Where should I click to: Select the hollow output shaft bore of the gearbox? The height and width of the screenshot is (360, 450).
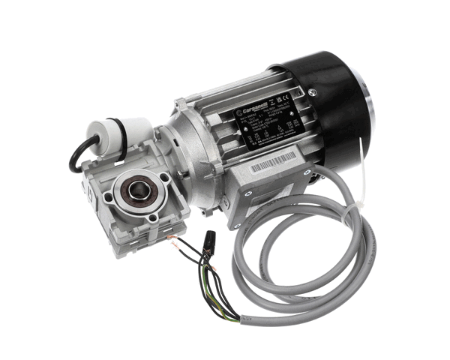(x=137, y=191)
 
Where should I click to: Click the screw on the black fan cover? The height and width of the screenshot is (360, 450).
(x=312, y=92)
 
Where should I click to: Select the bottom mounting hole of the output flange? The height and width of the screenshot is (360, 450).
(x=153, y=217)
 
